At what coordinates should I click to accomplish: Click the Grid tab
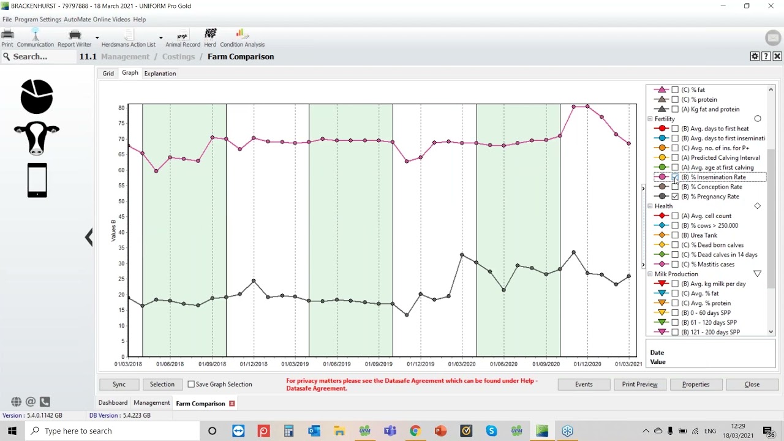pos(108,73)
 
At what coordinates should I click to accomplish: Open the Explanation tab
pos(160,73)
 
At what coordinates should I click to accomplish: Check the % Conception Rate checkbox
pos(675,187)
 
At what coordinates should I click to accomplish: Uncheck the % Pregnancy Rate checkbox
pos(675,197)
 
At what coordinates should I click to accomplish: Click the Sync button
pos(119,384)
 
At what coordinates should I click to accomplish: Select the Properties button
pos(696,384)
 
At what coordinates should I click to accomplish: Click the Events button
pos(584,384)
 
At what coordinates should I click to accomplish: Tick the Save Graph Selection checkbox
pos(191,384)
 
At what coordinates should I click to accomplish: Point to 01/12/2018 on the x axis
pos(254,364)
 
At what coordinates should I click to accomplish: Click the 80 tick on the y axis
pos(121,108)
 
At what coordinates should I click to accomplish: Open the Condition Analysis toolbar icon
pos(242,38)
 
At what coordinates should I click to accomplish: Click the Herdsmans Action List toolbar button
pos(129,38)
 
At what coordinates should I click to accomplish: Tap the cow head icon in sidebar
pos(37,138)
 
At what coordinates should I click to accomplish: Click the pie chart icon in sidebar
pos(37,97)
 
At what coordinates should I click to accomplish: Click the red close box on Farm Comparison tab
pos(232,404)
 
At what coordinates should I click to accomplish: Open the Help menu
pos(139,20)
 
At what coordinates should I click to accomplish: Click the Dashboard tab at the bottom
pos(113,403)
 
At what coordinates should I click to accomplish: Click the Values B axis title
pos(113,230)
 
